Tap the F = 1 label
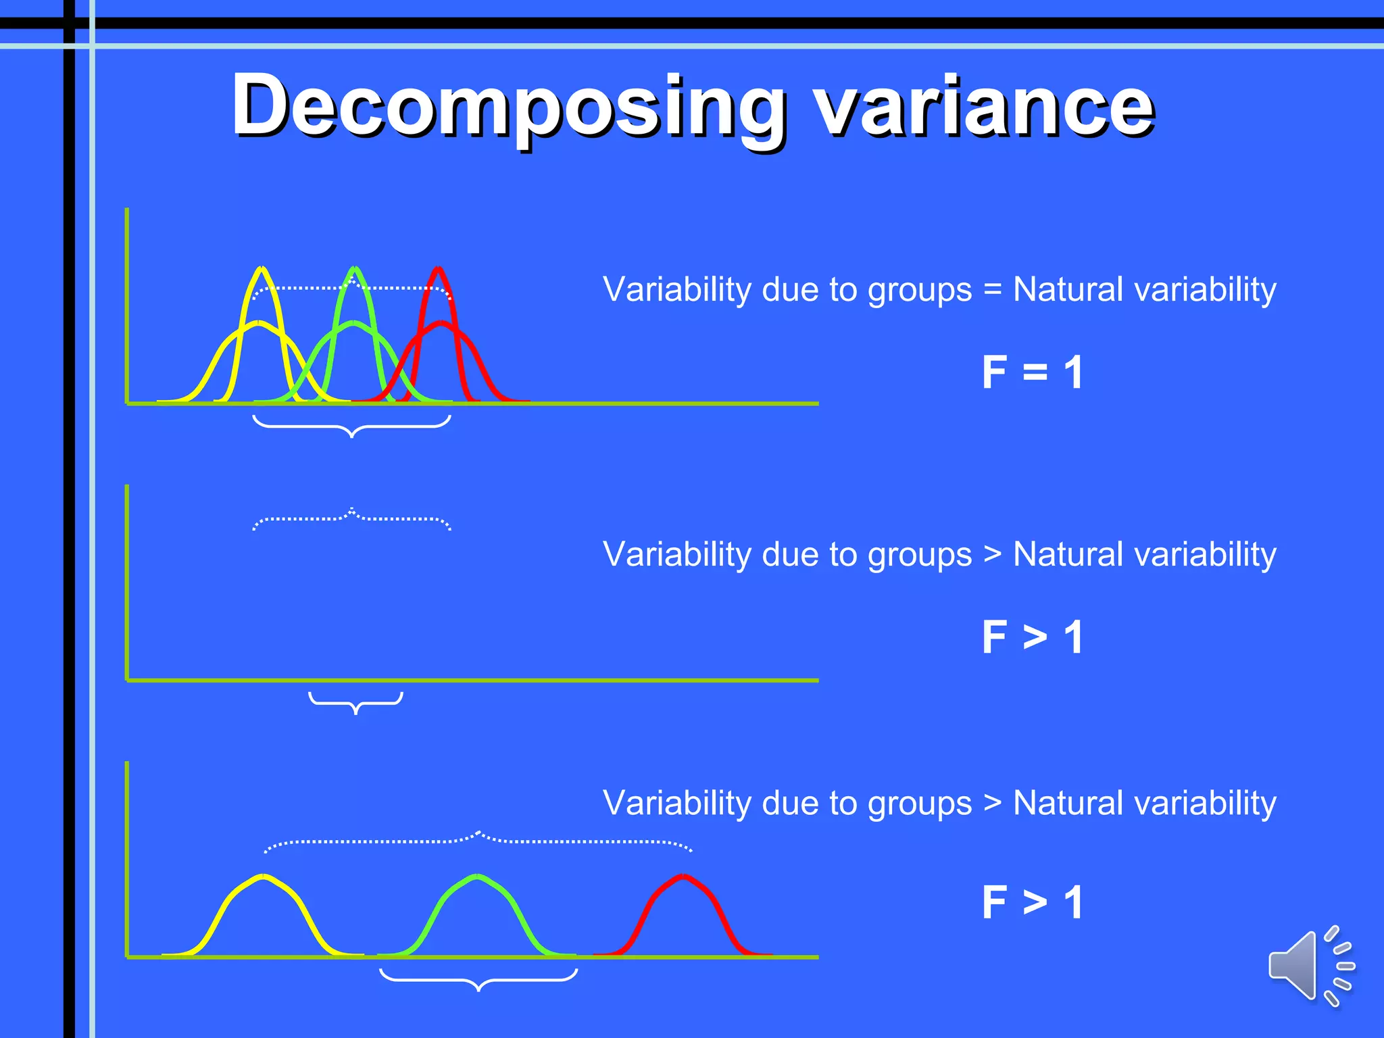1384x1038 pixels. pos(1032,372)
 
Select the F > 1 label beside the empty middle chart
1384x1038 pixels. pos(1032,637)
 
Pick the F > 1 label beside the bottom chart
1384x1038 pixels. pos(1032,902)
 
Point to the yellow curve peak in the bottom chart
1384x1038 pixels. pos(264,876)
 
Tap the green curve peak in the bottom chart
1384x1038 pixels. pos(478,876)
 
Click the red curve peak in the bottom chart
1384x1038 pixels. pos(683,876)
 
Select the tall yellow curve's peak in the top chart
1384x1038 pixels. pos(262,269)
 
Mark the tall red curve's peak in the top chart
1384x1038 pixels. pos(439,269)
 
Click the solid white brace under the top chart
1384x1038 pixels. pos(351,426)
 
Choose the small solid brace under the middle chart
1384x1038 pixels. pos(355,703)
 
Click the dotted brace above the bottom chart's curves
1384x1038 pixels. pos(478,841)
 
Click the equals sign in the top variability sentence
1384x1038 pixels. pos(992,290)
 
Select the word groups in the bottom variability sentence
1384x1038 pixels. pos(919,804)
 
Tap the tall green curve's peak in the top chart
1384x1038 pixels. pos(354,269)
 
